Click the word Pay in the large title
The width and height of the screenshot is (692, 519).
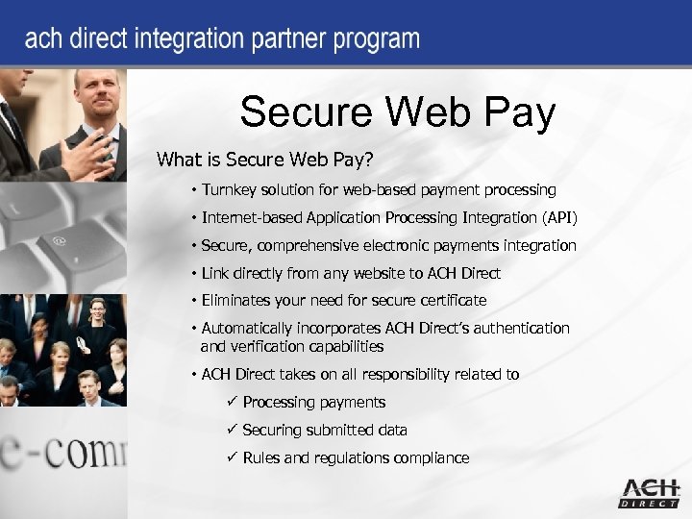[x=514, y=112]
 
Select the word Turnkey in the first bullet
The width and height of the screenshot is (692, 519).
[x=232, y=190]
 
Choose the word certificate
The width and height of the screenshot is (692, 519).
[x=450, y=301]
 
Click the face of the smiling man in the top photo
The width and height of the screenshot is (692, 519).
[x=98, y=97]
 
